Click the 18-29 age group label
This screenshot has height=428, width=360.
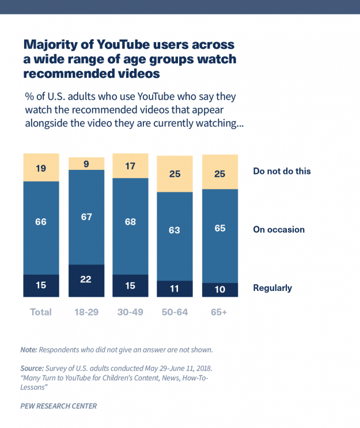pos(86,312)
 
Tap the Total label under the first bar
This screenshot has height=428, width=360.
pos(41,312)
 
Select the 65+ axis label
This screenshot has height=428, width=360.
pos(220,312)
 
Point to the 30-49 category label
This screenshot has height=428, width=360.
pos(130,312)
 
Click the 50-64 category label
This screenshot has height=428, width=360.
pos(175,312)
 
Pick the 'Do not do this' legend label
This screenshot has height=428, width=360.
pos(282,171)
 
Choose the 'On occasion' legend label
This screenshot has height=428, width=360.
pos(279,229)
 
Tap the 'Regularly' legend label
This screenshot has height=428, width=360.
pos(272,287)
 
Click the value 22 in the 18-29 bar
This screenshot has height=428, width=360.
pos(86,280)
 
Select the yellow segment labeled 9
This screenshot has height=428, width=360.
pos(86,163)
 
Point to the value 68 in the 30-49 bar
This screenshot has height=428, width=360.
pos(130,222)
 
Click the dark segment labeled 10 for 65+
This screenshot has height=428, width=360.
pos(220,290)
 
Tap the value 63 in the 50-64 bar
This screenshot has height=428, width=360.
pos(175,230)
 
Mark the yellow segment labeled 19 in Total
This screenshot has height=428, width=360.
pos(41,168)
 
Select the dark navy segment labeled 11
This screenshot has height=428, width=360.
pos(175,289)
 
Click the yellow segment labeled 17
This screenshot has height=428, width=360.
pos(130,166)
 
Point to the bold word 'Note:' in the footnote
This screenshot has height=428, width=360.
pos(29,350)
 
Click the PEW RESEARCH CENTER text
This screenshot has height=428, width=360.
pos(58,406)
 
